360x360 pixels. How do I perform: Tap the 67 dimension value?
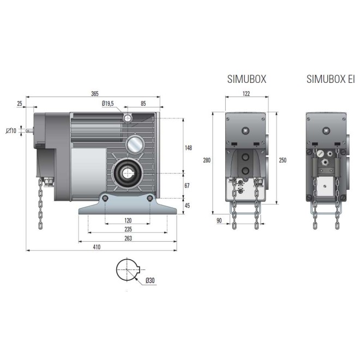point(187,186)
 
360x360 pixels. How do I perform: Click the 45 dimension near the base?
point(187,206)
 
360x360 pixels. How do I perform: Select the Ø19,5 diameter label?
point(107,103)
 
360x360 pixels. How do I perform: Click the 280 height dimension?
point(206,160)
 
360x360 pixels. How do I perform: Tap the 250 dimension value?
point(282,160)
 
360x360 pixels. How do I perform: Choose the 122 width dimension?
point(246,94)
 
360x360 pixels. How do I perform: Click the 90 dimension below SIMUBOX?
point(219,220)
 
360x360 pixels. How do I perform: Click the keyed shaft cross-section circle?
point(129,271)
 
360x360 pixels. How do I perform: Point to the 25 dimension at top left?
point(20,103)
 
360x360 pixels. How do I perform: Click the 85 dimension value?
point(142,103)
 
